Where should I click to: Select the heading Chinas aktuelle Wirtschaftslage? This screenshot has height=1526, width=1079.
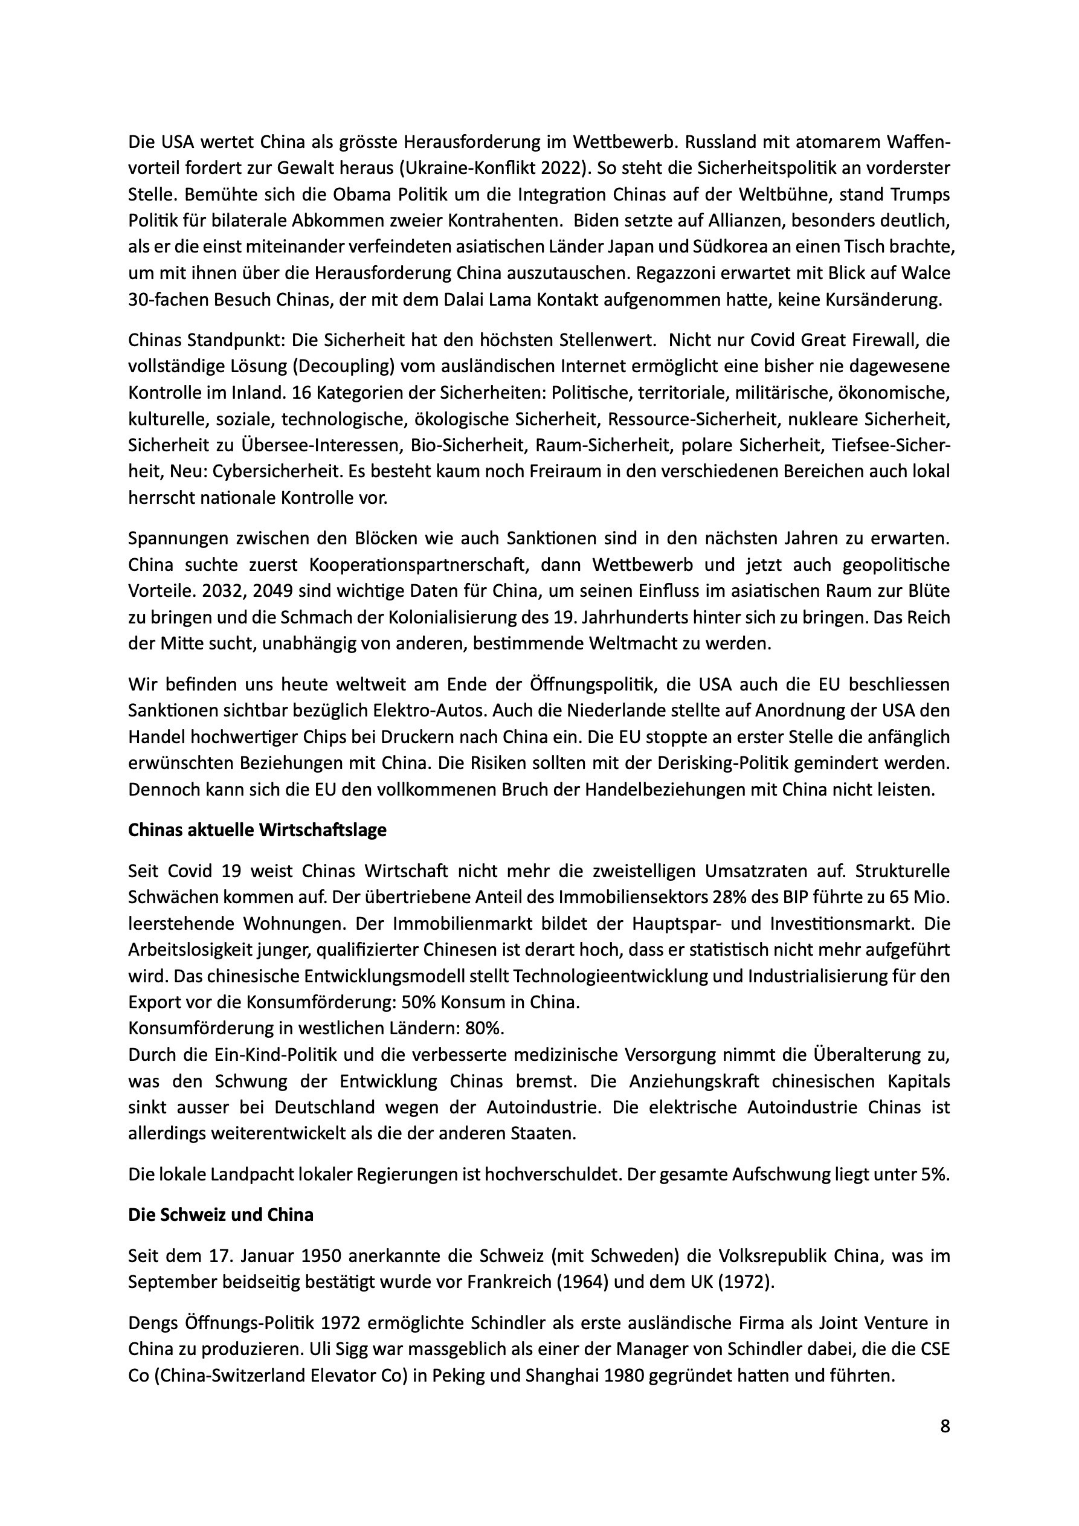tap(257, 830)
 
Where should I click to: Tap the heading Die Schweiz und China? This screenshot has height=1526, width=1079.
tap(221, 1214)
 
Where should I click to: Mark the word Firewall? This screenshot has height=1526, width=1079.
tap(877, 340)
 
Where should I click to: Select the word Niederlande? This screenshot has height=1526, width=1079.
tap(611, 710)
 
